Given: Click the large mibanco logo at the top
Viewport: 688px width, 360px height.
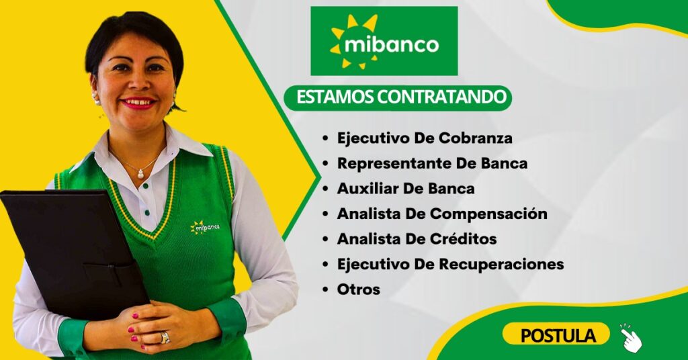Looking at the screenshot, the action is click(384, 41).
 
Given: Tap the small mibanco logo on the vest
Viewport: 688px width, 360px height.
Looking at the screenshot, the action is click(205, 227).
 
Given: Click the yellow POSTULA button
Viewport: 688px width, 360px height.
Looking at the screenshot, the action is click(556, 335).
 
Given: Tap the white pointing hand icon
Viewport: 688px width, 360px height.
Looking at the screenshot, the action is click(631, 338).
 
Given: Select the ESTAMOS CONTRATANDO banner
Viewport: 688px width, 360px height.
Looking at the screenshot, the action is click(398, 97).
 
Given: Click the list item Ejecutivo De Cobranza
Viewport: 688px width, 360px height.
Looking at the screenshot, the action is click(425, 138).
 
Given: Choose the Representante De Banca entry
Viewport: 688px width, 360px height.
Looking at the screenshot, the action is click(432, 164).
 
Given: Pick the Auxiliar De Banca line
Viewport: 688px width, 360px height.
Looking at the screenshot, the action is click(406, 189).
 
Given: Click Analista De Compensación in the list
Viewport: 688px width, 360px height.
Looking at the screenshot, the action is click(442, 214).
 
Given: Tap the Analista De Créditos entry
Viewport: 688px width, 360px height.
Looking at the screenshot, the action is click(417, 239).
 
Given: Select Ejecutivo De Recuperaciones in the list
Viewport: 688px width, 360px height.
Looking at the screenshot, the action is click(450, 265).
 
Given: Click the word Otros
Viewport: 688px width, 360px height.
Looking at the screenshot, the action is click(359, 289).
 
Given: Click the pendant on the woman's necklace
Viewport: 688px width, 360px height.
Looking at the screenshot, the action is click(141, 174).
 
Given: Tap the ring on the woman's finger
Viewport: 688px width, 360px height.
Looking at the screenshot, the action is click(165, 338).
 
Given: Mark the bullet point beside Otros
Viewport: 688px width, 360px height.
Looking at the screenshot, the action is click(325, 290).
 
